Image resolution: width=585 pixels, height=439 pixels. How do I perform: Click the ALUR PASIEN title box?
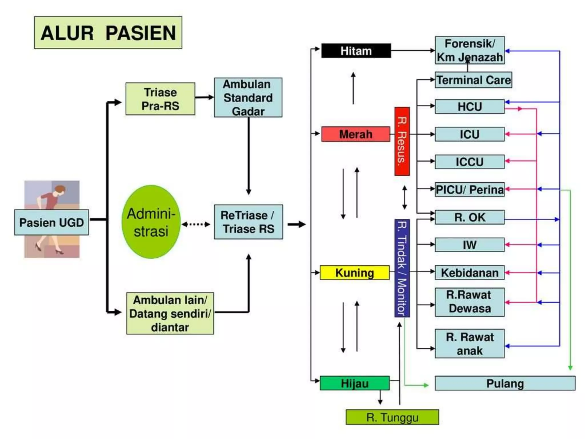click(x=108, y=33)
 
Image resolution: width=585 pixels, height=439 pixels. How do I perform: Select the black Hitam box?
click(x=356, y=51)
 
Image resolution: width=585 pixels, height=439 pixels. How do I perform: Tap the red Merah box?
click(x=356, y=134)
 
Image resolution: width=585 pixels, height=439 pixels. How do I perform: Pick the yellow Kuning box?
click(x=354, y=273)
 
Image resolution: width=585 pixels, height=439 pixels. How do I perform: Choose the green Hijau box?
click(x=354, y=383)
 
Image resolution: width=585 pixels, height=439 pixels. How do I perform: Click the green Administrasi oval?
click(x=151, y=222)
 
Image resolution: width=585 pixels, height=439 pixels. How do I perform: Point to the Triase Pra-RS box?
click(x=160, y=99)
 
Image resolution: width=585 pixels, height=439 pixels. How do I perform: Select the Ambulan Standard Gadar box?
click(x=248, y=97)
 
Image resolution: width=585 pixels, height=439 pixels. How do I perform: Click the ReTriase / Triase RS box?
click(x=248, y=222)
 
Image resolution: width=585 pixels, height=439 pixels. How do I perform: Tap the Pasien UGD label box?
click(x=51, y=222)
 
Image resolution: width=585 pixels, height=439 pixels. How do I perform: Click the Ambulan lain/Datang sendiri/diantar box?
click(x=170, y=314)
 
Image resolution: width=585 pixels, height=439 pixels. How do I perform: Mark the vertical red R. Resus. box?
click(x=402, y=141)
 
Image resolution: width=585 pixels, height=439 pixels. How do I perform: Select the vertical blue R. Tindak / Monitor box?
click(x=402, y=268)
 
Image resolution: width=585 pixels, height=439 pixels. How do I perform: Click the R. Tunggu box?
click(x=392, y=417)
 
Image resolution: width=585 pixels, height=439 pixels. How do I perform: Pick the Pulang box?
click(x=505, y=383)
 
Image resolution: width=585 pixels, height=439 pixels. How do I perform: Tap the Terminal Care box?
click(x=473, y=80)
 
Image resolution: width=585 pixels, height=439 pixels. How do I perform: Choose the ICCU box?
click(x=469, y=162)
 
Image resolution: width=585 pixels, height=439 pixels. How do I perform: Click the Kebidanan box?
click(x=469, y=273)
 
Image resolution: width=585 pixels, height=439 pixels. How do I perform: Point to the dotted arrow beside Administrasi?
click(x=196, y=224)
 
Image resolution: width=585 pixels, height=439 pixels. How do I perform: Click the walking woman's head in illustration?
click(x=60, y=189)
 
